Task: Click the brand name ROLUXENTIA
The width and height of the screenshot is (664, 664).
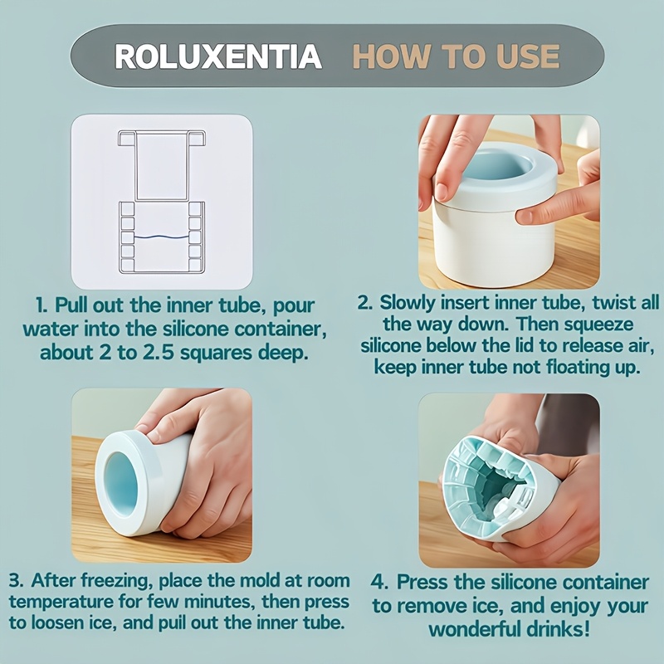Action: coord(218,56)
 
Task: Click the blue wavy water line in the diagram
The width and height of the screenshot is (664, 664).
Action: coord(161,237)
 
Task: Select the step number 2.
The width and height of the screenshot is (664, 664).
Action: coord(364,303)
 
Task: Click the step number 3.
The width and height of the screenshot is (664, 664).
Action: coord(15,580)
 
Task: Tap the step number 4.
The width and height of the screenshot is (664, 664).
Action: coord(378,583)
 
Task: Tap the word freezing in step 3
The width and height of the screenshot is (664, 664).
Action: coord(116,581)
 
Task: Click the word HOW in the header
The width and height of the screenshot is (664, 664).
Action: coord(390,56)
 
